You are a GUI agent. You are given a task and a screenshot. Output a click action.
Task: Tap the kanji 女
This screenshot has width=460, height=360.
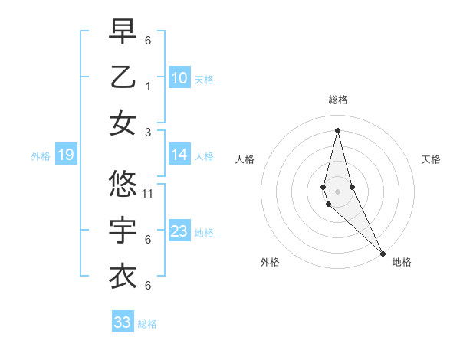[x=123, y=123]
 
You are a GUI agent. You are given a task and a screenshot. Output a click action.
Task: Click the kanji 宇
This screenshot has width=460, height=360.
[x=123, y=230]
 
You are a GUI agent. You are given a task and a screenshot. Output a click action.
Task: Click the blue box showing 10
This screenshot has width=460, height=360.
[x=179, y=78]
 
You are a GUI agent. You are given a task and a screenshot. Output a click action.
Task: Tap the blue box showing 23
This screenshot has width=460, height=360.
[x=179, y=231]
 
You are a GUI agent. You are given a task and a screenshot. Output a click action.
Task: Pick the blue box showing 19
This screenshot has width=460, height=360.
[x=65, y=155]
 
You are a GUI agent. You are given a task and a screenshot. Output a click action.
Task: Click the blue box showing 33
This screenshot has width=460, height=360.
[x=122, y=322]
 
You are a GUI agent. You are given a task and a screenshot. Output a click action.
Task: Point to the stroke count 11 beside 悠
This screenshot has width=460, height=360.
[x=148, y=193]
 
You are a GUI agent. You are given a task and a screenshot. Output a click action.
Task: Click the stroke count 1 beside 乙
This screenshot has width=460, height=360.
[x=148, y=87]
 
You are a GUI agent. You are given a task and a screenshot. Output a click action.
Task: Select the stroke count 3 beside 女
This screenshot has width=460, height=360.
[x=148, y=133]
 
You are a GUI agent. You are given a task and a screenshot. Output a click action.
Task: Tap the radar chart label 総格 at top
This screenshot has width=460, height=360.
[x=337, y=100]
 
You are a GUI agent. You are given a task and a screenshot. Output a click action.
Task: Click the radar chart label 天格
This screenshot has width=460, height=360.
[x=432, y=159]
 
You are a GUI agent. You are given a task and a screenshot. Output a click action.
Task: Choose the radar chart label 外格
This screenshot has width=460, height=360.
[x=270, y=262]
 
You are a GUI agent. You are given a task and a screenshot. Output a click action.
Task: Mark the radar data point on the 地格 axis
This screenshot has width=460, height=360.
[x=382, y=253]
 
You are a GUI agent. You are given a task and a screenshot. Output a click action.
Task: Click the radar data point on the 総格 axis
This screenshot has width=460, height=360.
[x=337, y=129]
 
